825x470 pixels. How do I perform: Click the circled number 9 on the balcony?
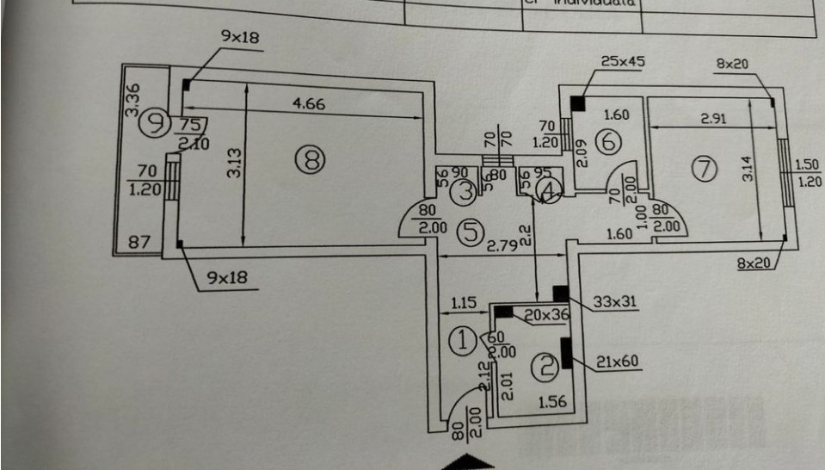(156, 122)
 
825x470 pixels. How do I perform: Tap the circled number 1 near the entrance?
(465, 341)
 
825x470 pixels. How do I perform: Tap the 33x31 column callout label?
(615, 301)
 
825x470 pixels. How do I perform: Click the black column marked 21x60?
(566, 354)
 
